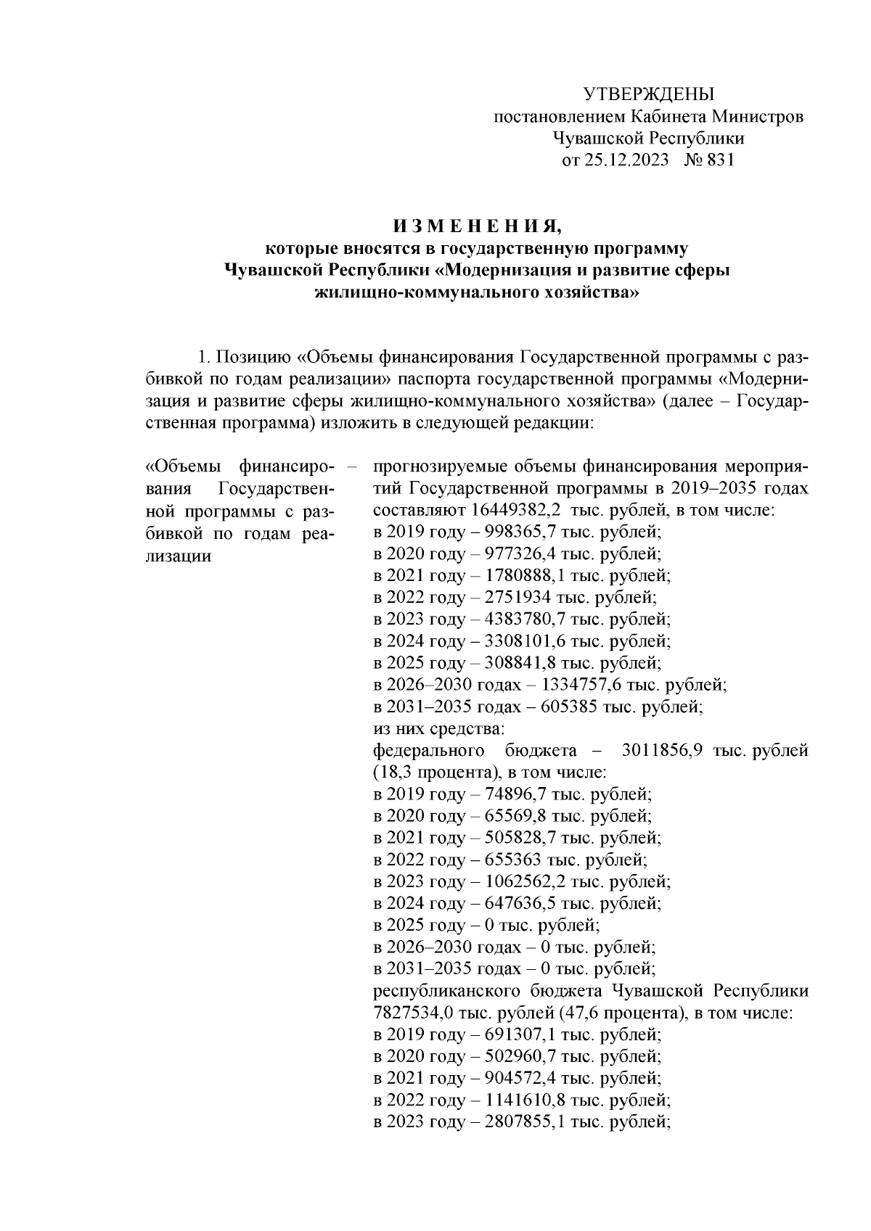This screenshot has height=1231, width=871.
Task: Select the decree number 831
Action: coord(719,160)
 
